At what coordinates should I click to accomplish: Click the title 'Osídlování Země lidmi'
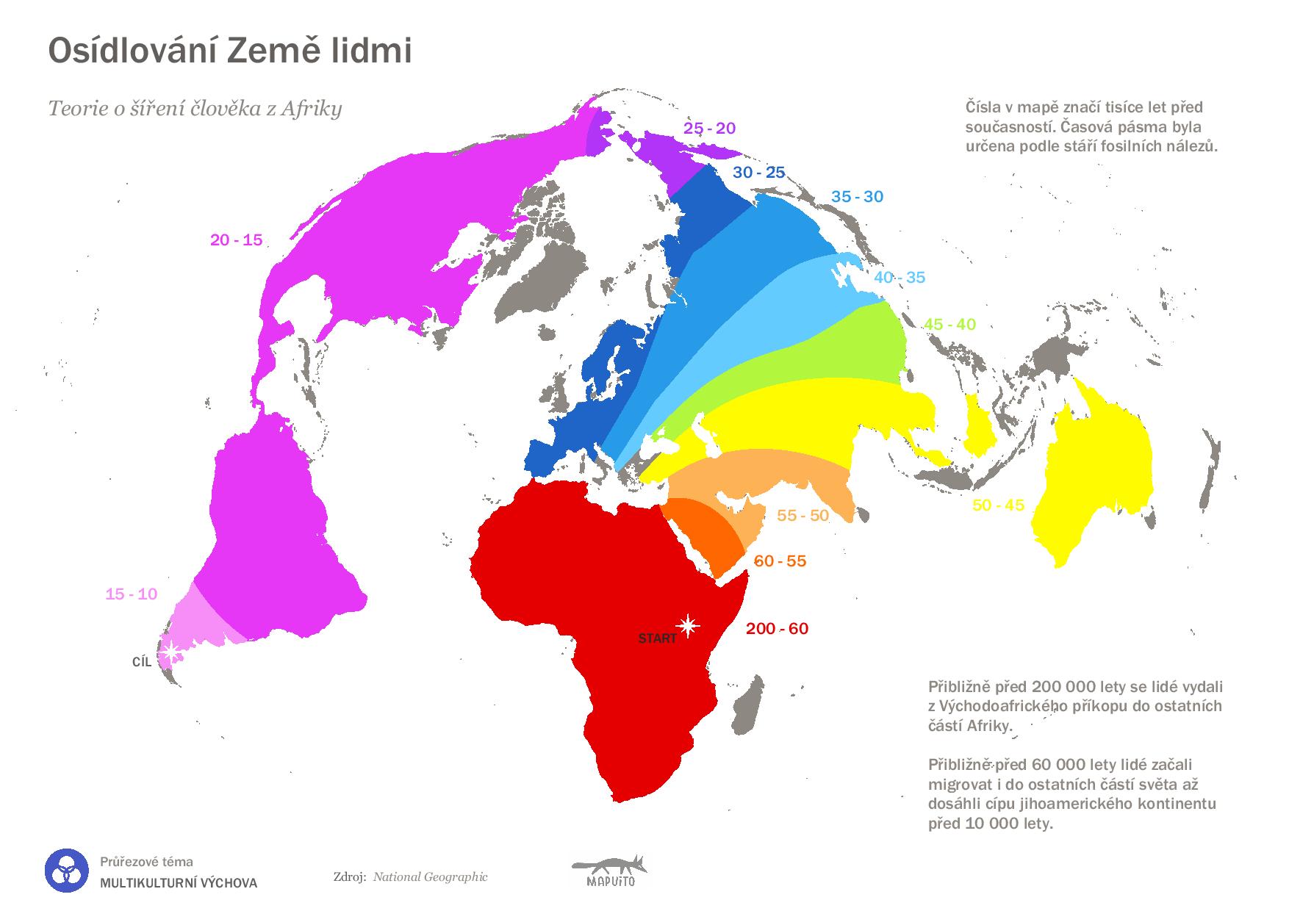[x=229, y=51]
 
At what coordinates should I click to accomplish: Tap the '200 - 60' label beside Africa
[x=777, y=629]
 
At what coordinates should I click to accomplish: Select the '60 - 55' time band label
[x=780, y=561]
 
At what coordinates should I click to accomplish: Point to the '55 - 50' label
[x=803, y=516]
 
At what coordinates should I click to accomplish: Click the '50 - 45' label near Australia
[x=998, y=505]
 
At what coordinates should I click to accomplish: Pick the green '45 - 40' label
[x=949, y=325]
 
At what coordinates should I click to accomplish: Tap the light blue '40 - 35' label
[x=900, y=278]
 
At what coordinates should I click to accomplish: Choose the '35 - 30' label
[x=857, y=197]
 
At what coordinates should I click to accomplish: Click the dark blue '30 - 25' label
[x=759, y=173]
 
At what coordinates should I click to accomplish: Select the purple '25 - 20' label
[x=709, y=129]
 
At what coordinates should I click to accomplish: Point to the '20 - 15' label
[x=236, y=240]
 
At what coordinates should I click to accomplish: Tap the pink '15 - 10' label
[x=131, y=594]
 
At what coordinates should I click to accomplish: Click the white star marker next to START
[x=688, y=626]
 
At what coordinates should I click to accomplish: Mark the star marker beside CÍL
[x=172, y=651]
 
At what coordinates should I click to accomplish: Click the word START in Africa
[x=657, y=639]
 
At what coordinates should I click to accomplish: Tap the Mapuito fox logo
[x=611, y=871]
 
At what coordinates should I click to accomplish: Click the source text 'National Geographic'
[x=430, y=876]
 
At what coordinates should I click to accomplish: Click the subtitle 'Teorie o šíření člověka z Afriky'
[x=195, y=109]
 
